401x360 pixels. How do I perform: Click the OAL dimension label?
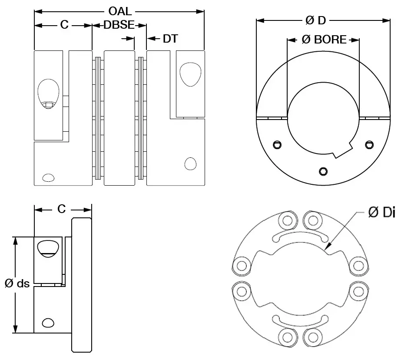click(x=120, y=11)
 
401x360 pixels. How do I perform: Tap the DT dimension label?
click(x=170, y=39)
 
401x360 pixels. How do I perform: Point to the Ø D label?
click(x=315, y=20)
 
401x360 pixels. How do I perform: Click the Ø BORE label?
click(x=324, y=40)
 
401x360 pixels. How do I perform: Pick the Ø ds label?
click(x=17, y=283)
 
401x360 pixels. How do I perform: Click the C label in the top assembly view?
click(x=64, y=25)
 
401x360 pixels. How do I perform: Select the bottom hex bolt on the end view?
click(x=322, y=171)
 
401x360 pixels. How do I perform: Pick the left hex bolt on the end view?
click(x=277, y=144)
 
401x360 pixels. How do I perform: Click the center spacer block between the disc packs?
click(x=119, y=117)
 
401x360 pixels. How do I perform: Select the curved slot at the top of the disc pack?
click(x=298, y=237)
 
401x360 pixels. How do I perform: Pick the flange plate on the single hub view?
click(x=82, y=285)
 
